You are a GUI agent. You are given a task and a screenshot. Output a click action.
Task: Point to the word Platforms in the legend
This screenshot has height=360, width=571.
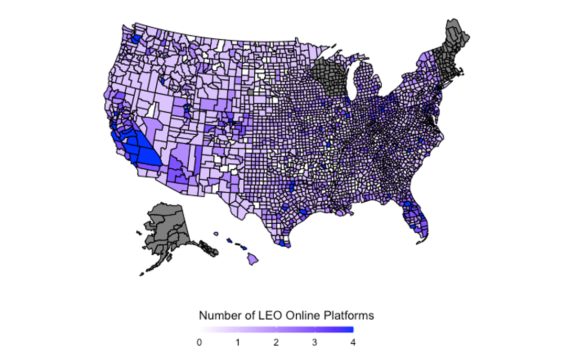349,315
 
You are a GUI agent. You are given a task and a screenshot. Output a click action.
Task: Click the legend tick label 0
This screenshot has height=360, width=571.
199,342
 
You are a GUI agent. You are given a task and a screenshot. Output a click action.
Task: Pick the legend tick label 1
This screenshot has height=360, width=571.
238,342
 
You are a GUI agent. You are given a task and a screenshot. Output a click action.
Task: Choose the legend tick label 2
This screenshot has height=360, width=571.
276,342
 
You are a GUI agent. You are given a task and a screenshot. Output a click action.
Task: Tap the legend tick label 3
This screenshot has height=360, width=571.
315,342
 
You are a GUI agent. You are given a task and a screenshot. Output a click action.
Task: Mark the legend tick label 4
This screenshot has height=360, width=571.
353,342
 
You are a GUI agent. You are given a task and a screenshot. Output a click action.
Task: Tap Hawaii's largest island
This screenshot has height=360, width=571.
253,258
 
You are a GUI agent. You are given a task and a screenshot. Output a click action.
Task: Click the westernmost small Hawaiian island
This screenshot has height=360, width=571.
215,234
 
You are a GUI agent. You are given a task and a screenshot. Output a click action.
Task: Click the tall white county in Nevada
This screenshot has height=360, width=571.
153,110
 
